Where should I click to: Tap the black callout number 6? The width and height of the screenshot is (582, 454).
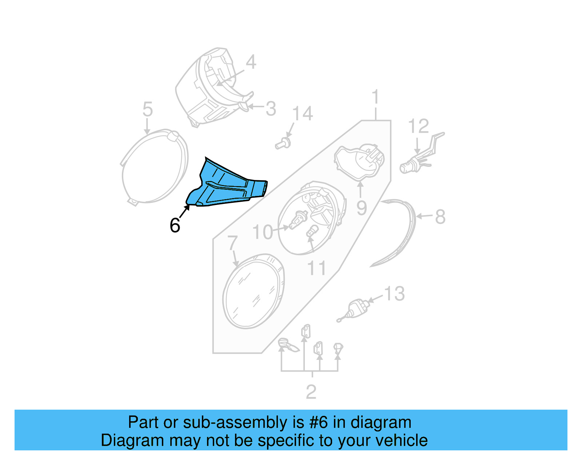(175, 225)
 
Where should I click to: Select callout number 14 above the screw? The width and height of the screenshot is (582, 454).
(302, 114)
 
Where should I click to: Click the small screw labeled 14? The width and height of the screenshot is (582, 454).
(283, 144)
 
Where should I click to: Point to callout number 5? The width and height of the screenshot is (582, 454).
(147, 109)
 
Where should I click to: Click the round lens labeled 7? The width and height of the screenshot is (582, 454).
(254, 291)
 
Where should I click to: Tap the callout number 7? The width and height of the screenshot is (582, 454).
(232, 242)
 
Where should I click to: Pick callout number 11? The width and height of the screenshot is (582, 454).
(316, 268)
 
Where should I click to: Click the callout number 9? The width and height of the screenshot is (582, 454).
(361, 208)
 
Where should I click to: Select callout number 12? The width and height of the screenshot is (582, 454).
(418, 126)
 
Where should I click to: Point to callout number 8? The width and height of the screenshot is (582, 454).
(440, 217)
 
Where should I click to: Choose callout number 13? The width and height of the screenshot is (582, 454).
(394, 294)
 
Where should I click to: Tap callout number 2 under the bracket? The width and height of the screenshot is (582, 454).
(311, 392)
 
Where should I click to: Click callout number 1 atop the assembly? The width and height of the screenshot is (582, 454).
(375, 97)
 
